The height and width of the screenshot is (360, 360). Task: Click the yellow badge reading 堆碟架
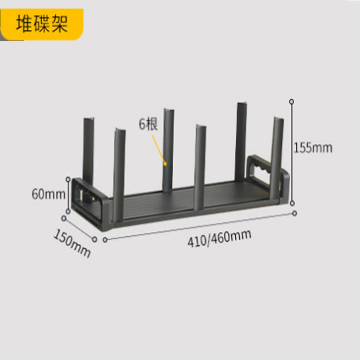tap(42, 24)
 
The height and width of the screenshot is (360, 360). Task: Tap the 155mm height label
tap(313, 148)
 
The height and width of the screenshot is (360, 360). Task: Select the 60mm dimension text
tap(49, 194)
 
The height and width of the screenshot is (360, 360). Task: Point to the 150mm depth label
tap(72, 243)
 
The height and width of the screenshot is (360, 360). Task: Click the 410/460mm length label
tap(219, 238)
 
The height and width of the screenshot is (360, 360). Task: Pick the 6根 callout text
tap(148, 124)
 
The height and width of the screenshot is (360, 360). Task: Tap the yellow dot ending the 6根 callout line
tap(165, 164)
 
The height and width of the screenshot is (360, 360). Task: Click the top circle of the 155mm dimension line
tap(292, 102)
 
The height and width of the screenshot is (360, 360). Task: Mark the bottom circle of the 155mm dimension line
tap(292, 203)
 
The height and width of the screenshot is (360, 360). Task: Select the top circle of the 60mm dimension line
tap(68, 179)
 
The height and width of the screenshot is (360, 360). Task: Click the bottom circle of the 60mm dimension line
tap(68, 211)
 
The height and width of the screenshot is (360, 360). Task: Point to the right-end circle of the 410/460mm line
tap(295, 213)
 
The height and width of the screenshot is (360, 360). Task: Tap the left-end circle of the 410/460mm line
tap(105, 240)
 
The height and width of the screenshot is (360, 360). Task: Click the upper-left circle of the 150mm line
tap(64, 218)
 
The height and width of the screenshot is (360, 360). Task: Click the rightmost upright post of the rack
tap(277, 158)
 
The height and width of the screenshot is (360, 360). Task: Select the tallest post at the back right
tap(241, 142)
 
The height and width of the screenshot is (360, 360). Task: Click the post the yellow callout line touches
tap(168, 150)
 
